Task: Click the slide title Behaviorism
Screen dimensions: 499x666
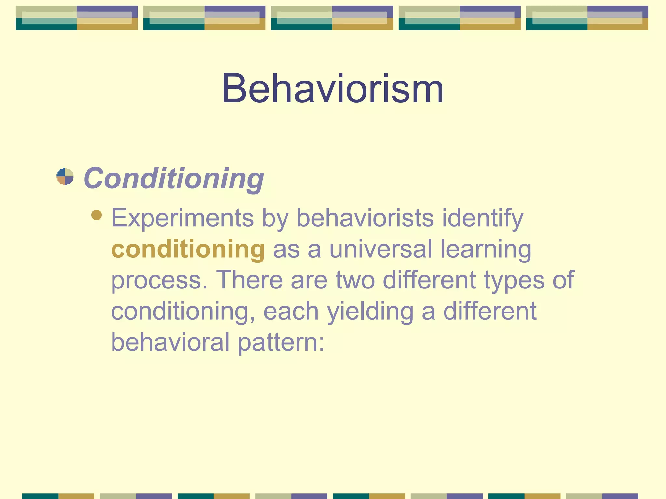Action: (x=332, y=88)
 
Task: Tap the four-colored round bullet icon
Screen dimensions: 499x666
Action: (x=65, y=176)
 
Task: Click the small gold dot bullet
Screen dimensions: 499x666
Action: (x=97, y=215)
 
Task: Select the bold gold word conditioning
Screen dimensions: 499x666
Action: (x=188, y=249)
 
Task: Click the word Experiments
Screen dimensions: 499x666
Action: (x=182, y=218)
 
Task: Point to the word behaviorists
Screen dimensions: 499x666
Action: (x=365, y=218)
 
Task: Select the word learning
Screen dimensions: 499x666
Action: (x=486, y=249)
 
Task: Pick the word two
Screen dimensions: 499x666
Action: (x=355, y=280)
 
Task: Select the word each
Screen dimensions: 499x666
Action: (x=291, y=311)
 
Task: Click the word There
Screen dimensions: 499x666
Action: (x=249, y=280)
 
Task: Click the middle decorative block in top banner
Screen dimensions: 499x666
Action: (x=332, y=18)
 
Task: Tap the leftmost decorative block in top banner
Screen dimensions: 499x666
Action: (x=76, y=18)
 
